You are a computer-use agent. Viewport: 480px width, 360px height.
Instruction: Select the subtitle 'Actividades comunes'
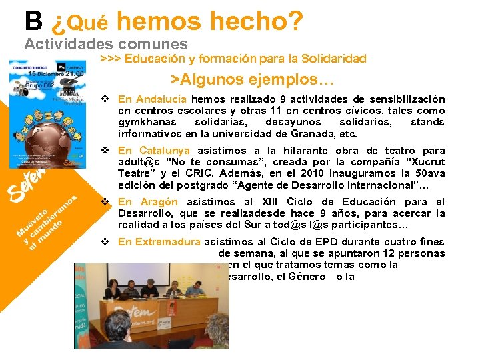(91, 44)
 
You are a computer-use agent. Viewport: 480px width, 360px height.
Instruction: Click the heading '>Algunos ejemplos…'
(252, 79)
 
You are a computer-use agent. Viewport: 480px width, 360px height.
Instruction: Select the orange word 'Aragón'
(159, 202)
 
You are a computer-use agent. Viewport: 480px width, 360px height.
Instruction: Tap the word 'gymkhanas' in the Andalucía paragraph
(147, 122)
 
